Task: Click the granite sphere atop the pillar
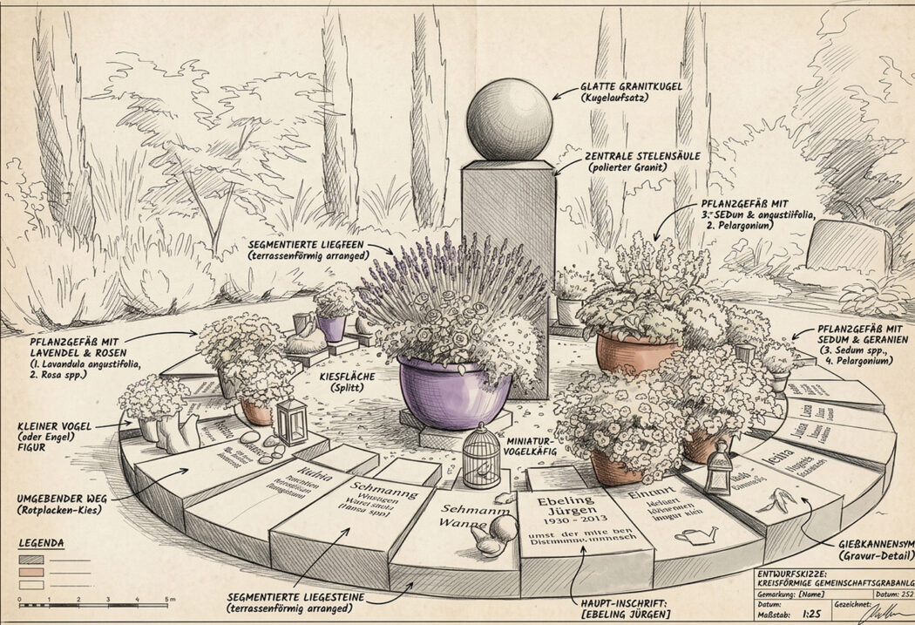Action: pyautogui.click(x=509, y=119)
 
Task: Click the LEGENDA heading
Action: pyautogui.click(x=41, y=544)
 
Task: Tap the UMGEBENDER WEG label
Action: pyautogui.click(x=59, y=498)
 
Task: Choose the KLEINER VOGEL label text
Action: pyautogui.click(x=53, y=428)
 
